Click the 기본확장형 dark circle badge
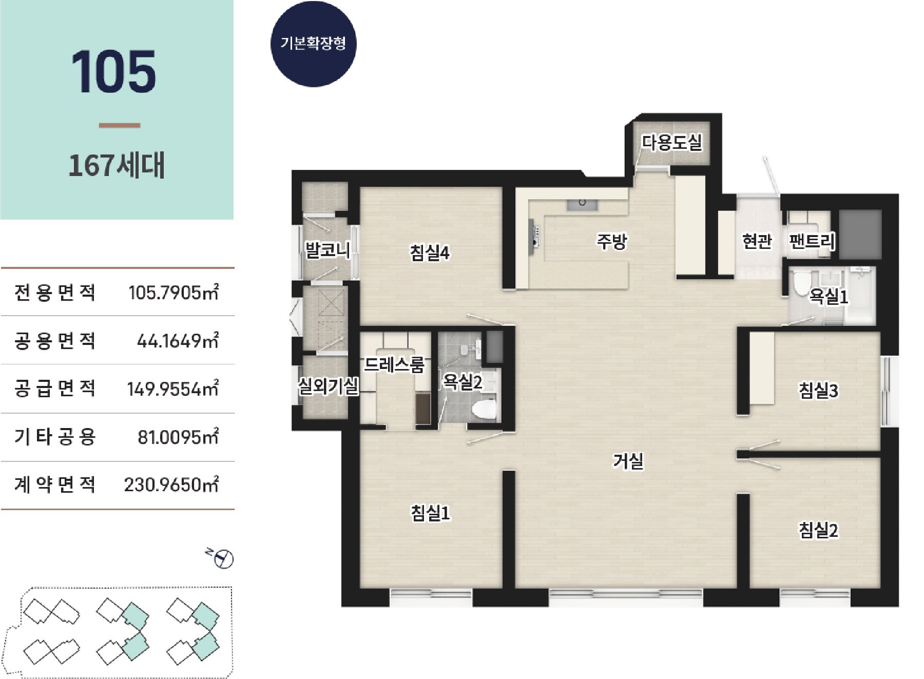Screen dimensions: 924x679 (x=313, y=44)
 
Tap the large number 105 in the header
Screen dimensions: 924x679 (x=113, y=72)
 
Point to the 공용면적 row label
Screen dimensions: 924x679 (x=55, y=341)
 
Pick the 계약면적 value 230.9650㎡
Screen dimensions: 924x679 (x=171, y=484)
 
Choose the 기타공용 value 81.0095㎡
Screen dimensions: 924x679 (x=178, y=437)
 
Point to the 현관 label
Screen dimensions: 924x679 (x=757, y=241)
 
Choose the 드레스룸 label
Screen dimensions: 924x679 (x=395, y=365)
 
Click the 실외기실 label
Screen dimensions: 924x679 (x=329, y=386)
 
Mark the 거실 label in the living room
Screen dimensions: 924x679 (x=628, y=461)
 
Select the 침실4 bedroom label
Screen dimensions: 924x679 (x=430, y=253)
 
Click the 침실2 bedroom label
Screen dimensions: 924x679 (x=818, y=530)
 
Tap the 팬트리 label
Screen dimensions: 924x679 (x=812, y=241)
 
